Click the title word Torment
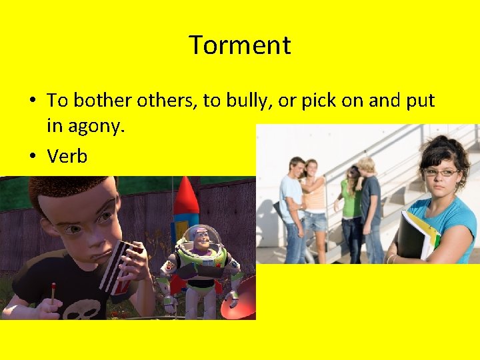point(240,45)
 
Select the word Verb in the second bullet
point(67,156)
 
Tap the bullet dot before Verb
point(32,156)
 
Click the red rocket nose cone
point(187,194)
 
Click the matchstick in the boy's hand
point(53,293)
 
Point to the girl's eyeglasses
point(441,172)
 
